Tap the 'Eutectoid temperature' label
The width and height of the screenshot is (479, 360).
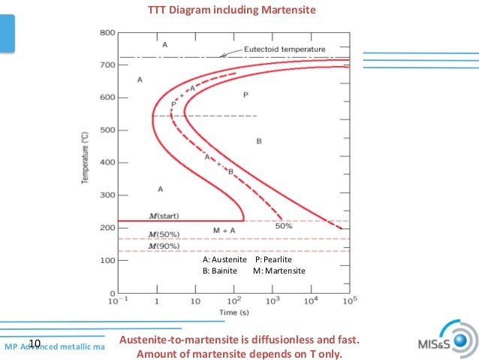pyautogui.click(x=285, y=50)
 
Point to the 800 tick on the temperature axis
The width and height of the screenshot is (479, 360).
pyautogui.click(x=107, y=33)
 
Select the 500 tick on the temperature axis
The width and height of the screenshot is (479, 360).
pyautogui.click(x=107, y=130)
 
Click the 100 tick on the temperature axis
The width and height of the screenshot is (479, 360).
pyautogui.click(x=107, y=260)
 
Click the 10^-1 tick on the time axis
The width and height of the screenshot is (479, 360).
pyautogui.click(x=116, y=301)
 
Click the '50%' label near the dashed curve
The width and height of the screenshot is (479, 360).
pyautogui.click(x=284, y=225)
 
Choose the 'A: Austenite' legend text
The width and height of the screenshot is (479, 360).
pyautogui.click(x=224, y=259)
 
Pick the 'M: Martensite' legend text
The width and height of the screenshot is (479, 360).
pyautogui.click(x=279, y=271)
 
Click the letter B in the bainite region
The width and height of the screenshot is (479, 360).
pyautogui.click(x=259, y=141)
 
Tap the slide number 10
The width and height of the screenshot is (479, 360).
pyautogui.click(x=34, y=344)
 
